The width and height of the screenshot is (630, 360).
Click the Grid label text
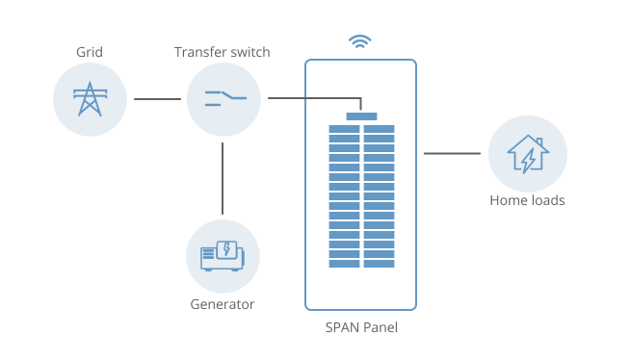point(90,50)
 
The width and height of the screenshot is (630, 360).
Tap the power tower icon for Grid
point(90,99)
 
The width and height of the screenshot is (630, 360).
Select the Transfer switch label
point(223,50)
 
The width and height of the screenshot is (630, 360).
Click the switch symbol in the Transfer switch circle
point(223,98)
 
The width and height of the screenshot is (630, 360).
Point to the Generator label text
point(223,304)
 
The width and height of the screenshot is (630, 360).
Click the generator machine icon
point(223,255)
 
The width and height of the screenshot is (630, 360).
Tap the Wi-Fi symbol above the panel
point(360,41)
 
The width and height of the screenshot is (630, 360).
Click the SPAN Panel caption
point(361,328)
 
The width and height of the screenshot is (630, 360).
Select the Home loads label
point(527,201)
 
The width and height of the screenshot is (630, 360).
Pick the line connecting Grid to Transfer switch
point(157,99)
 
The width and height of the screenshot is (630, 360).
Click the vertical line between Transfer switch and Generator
point(223,178)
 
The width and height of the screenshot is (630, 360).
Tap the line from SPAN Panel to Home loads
point(452,153)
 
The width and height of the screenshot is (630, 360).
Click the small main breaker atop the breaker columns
point(361,116)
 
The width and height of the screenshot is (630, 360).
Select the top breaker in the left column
point(344,128)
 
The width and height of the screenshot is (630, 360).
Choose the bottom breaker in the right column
point(379,264)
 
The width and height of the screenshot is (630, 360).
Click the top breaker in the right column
point(379,128)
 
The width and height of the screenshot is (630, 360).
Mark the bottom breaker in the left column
point(344,264)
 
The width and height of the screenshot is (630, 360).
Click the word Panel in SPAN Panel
point(379,328)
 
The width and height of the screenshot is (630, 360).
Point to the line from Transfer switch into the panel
point(313,97)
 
